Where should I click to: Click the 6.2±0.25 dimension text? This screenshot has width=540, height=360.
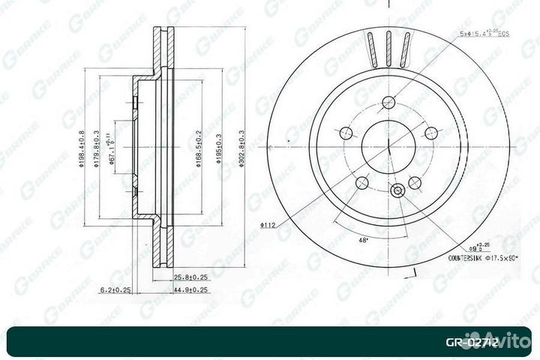click(x=115, y=289)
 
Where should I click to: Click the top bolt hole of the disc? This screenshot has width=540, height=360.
click(x=389, y=103)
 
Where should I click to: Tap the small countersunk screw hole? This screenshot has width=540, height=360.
click(x=397, y=190)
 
